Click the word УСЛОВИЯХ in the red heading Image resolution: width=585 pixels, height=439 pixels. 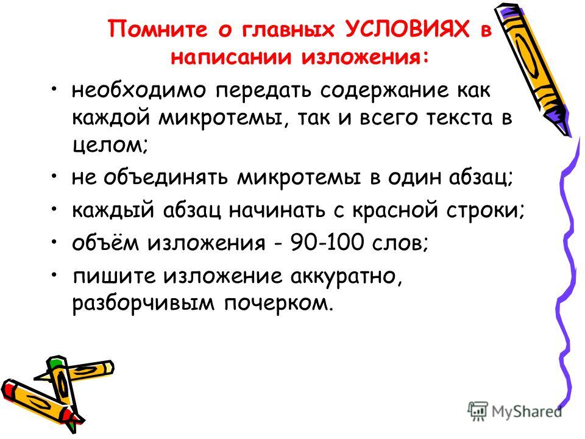tap(406, 29)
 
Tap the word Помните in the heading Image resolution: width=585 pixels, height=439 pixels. tap(157, 29)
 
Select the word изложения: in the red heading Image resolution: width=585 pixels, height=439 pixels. tap(365, 58)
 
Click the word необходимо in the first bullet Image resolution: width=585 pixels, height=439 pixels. tap(138, 91)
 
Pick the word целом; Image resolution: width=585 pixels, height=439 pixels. tap(110, 145)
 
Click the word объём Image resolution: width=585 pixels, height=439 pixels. tap(105, 242)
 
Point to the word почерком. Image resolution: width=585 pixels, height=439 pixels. tap(278, 304)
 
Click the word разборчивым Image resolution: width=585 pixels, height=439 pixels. tap(143, 304)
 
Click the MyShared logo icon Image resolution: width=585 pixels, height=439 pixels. tap(478, 412)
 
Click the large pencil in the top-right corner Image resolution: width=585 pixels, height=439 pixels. tap(531, 69)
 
